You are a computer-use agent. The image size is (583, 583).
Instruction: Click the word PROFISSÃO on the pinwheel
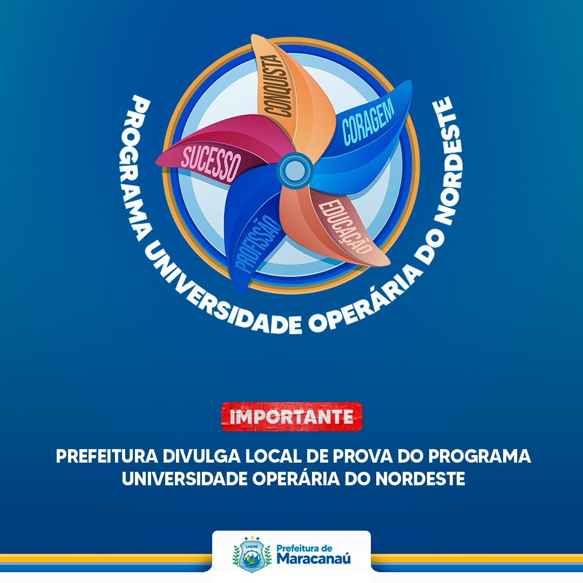tap(257, 245)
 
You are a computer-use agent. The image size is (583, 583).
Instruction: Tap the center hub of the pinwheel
tap(295, 170)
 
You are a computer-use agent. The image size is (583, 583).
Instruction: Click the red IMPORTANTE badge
tap(291, 416)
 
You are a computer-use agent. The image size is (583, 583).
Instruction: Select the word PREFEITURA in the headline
tap(107, 456)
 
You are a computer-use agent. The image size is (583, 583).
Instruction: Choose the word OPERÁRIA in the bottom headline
tap(296, 478)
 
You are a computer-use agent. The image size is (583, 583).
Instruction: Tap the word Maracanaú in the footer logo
tap(314, 559)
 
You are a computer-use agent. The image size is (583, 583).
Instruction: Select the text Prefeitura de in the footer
tap(304, 548)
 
